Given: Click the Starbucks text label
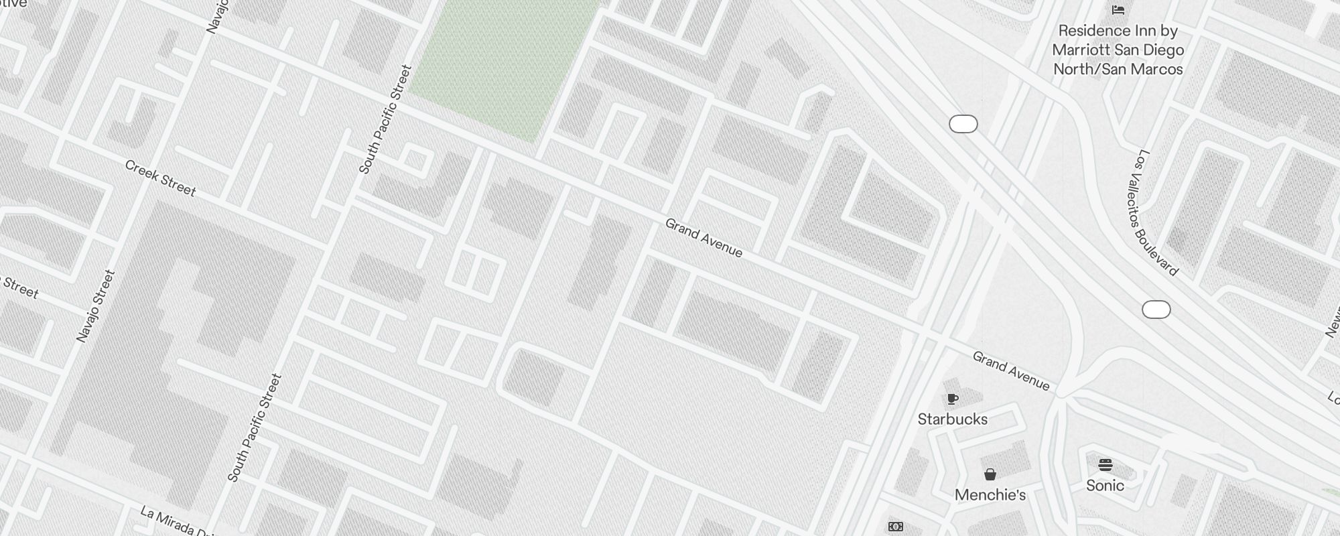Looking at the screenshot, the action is pos(952,419).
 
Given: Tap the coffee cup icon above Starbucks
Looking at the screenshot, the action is pos(953,399).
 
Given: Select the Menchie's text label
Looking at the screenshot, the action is pos(990,495).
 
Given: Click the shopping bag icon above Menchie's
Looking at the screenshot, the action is pos(990,475).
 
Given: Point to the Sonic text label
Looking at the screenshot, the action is pos(1105,485).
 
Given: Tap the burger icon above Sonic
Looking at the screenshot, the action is pos(1105,464).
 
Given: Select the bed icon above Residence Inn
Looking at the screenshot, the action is pos(1118,9).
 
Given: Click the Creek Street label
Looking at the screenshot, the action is pos(160,179).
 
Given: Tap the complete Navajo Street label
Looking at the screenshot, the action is pos(96,306).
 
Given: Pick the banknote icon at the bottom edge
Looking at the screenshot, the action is pos(896,527).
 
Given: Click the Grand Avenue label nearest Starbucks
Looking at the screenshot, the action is pos(1010,371).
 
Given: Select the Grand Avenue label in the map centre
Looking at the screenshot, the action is pos(703,238).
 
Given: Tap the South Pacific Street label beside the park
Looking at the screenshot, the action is pos(385,119).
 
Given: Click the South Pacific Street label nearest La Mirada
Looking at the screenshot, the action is pos(255,427).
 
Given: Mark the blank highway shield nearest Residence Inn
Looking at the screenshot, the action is pos(963,124).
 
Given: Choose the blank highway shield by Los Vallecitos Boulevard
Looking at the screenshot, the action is pos(1156,310).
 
